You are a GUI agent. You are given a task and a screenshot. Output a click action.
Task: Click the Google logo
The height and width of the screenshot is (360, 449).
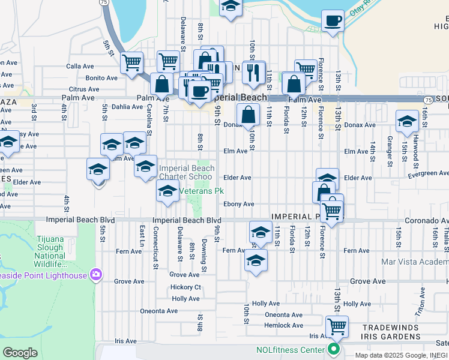tap(20, 353)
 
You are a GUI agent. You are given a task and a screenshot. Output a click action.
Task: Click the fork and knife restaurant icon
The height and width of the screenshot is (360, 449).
tap(254, 72)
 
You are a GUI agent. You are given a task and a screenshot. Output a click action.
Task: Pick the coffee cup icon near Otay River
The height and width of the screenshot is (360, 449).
tap(332, 21)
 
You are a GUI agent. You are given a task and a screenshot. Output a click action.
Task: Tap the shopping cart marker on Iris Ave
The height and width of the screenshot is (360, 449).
tap(337, 326)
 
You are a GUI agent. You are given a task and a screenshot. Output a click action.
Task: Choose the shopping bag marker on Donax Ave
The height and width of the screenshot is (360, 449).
tap(248, 113)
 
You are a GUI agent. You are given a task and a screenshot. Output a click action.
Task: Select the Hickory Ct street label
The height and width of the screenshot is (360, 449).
tap(186, 287)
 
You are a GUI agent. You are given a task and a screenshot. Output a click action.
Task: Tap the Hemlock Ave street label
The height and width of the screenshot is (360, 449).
tap(284, 325)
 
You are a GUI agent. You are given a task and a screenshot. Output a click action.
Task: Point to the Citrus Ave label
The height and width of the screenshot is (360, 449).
tap(83, 89)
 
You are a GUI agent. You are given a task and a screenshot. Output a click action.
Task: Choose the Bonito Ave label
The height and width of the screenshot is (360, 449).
tap(101, 78)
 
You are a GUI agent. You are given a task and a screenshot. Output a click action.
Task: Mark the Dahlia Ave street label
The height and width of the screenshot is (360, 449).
tap(127, 107)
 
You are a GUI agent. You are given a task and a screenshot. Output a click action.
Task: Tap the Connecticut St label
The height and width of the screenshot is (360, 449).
tap(156, 244)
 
